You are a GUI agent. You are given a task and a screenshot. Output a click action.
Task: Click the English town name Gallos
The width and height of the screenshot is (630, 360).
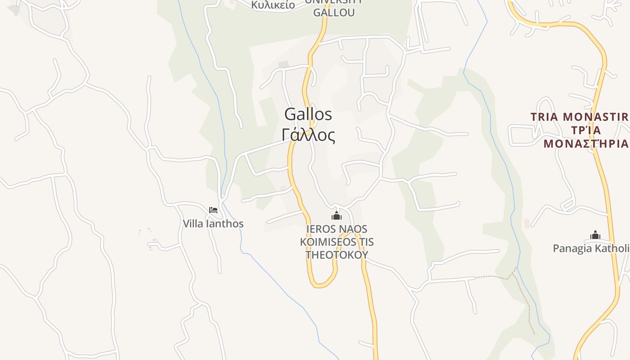(308, 114)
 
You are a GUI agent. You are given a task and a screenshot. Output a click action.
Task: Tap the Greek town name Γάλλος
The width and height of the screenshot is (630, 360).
(308, 135)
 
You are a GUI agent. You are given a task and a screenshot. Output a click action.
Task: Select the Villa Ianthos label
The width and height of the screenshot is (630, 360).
(213, 224)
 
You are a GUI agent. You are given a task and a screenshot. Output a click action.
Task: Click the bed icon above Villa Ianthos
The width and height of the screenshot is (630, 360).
(213, 210)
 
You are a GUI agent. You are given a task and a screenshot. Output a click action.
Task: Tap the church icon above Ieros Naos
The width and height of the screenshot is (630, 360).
(337, 216)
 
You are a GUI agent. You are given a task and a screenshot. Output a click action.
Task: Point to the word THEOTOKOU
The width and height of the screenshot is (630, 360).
(337, 255)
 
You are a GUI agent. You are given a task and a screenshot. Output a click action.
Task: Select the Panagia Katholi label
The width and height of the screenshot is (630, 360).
(590, 248)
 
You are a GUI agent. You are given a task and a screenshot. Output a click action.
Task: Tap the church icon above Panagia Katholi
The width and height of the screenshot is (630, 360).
(595, 235)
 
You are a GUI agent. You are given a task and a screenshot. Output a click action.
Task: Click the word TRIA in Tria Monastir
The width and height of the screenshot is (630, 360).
(544, 117)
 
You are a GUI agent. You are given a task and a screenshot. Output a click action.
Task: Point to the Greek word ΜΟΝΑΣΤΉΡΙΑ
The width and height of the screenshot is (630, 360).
(586, 144)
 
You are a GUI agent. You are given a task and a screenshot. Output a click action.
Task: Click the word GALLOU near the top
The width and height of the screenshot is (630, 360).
(334, 13)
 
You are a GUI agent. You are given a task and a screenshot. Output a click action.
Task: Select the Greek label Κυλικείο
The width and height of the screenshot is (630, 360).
(273, 5)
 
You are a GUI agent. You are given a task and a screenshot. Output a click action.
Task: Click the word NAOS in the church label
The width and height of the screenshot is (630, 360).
(354, 229)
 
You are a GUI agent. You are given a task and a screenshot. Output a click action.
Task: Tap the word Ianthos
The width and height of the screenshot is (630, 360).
(225, 224)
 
